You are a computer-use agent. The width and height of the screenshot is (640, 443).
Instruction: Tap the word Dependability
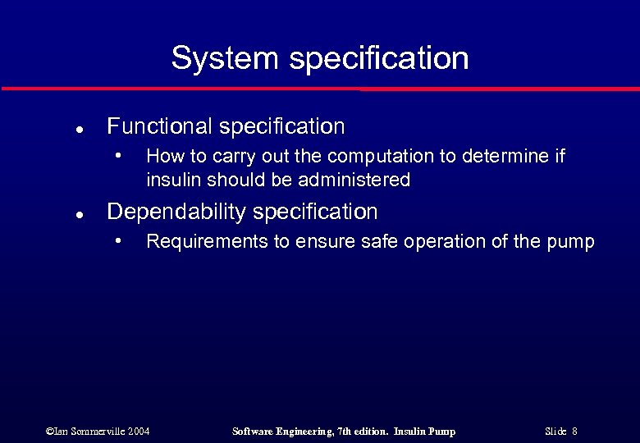(177, 212)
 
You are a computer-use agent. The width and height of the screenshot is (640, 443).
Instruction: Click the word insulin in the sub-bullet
(173, 179)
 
